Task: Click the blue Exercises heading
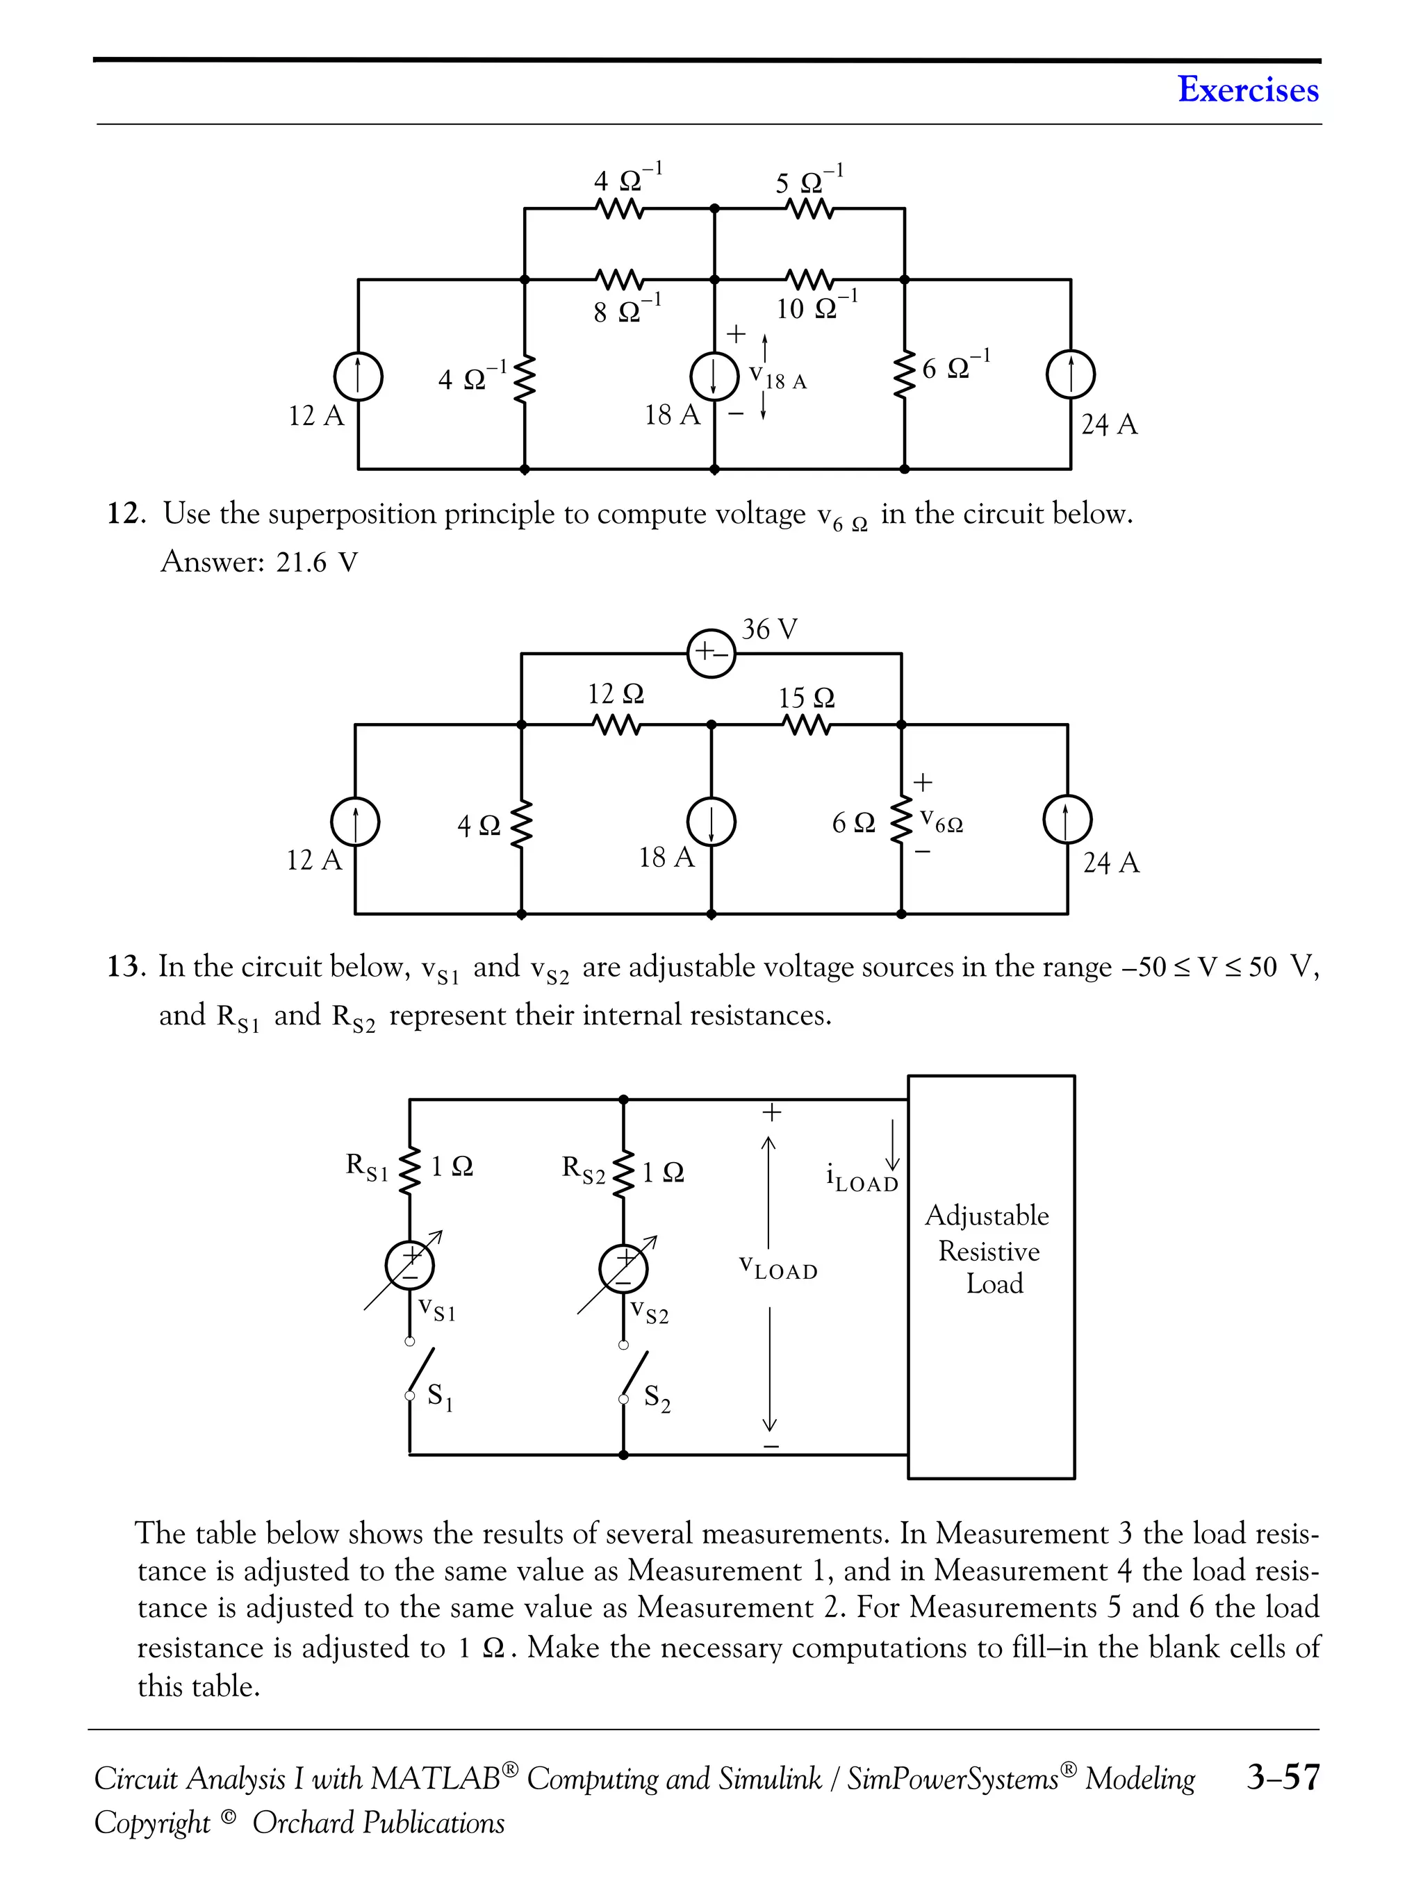pyautogui.click(x=1247, y=89)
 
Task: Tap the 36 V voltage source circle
pyautogui.click(x=711, y=653)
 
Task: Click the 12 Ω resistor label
pyautogui.click(x=615, y=694)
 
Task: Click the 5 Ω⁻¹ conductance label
pyautogui.click(x=809, y=182)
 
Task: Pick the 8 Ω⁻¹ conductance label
pyautogui.click(x=627, y=310)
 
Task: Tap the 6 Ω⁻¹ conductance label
pyautogui.click(x=955, y=367)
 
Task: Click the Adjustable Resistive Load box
pyautogui.click(x=991, y=1276)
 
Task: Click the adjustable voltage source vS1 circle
pyautogui.click(x=410, y=1266)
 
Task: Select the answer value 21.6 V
pyautogui.click(x=317, y=563)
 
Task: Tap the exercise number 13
pyautogui.click(x=123, y=966)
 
